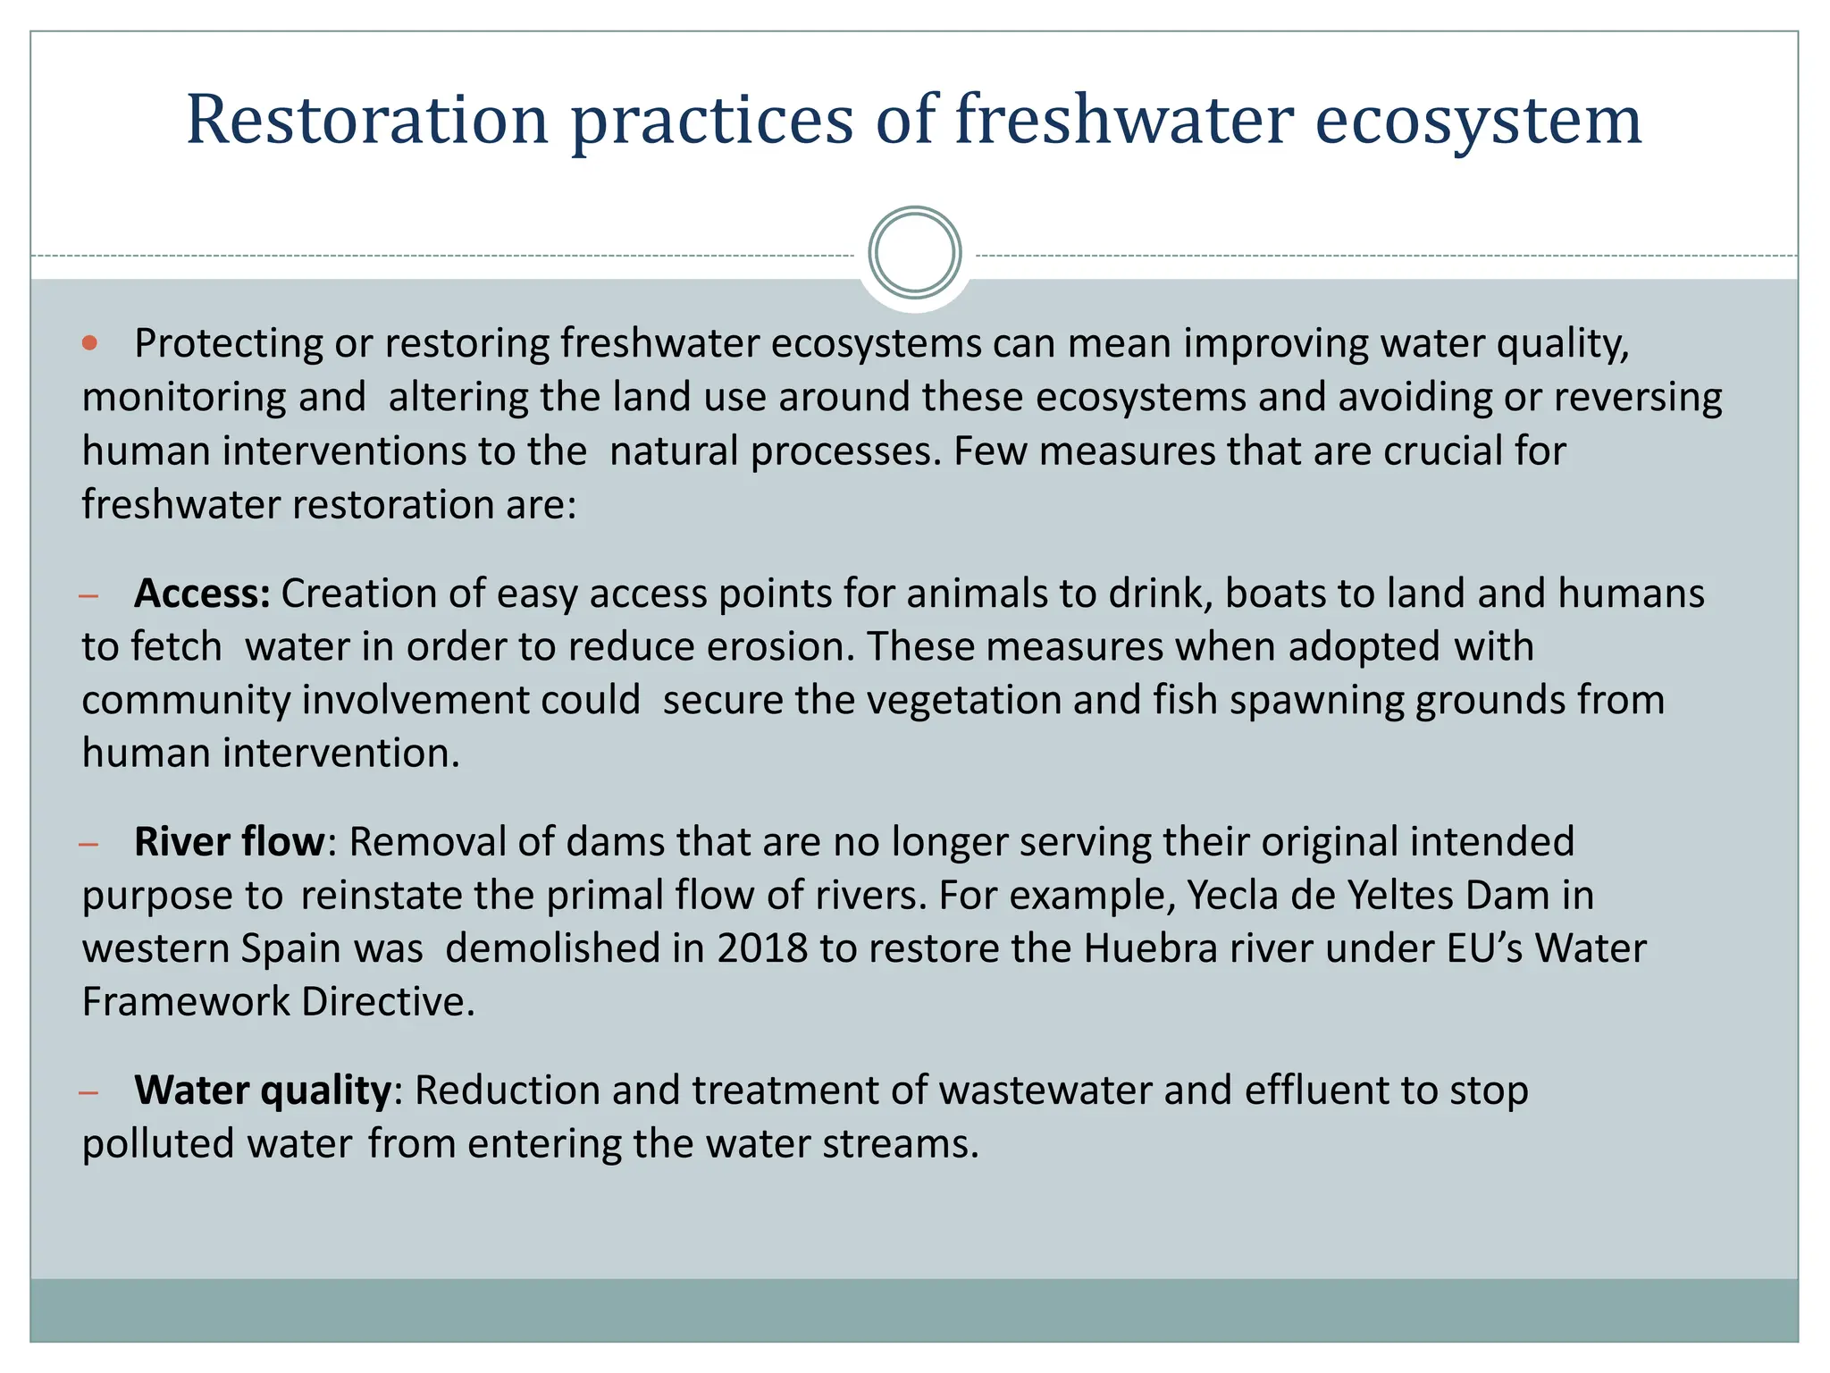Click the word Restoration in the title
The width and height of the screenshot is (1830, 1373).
click(x=366, y=121)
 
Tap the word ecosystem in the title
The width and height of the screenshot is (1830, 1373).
click(x=1478, y=121)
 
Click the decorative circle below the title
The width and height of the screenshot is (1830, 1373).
click(x=914, y=253)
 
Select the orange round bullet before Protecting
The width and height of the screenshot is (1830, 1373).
click(x=89, y=343)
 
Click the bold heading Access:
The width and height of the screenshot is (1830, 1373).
click(x=202, y=594)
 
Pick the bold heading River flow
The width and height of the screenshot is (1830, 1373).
click(x=230, y=842)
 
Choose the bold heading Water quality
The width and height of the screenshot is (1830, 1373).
click(x=263, y=1091)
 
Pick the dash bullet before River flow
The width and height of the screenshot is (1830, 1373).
click(x=88, y=844)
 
